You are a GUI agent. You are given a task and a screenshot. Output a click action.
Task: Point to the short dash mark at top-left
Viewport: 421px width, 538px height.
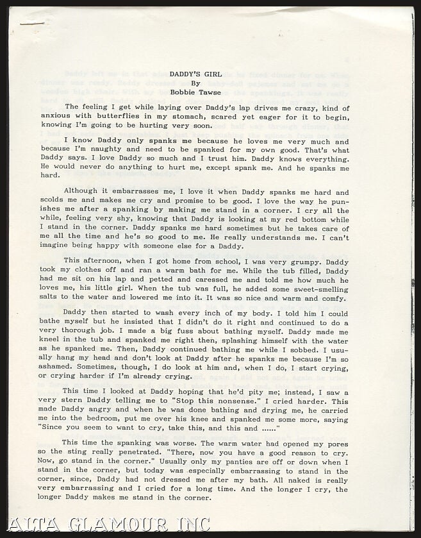[x=32, y=23]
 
